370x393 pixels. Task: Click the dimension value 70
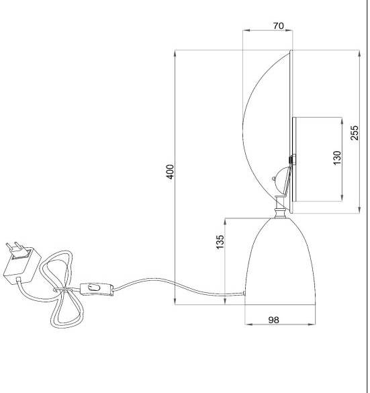tap(278, 26)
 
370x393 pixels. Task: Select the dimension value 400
tap(171, 172)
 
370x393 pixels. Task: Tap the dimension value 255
tap(354, 132)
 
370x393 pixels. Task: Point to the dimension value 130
tap(337, 158)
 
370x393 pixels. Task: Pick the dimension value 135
tap(220, 242)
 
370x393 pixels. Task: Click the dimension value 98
tap(273, 320)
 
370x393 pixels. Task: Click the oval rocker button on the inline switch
tap(93, 287)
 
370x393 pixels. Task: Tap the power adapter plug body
tap(22, 266)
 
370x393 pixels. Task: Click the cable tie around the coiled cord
tap(62, 290)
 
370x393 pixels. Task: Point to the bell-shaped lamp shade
tap(280, 261)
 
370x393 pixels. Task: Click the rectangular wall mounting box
tap(318, 159)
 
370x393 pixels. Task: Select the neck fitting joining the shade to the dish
tap(280, 208)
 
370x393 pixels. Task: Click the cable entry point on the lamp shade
tap(244, 293)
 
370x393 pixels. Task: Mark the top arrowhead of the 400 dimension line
tap(175, 53)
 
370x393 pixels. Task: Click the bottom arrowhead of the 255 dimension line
tap(360, 210)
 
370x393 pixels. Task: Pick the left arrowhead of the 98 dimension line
tap(248, 324)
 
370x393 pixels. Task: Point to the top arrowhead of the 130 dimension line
tap(342, 121)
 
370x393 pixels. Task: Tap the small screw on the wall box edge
tap(292, 160)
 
